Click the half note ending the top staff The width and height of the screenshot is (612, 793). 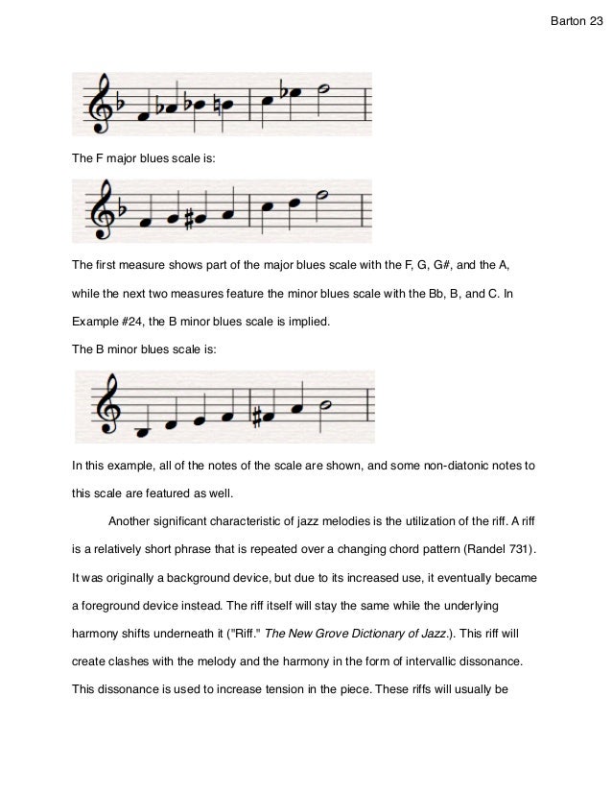(325, 91)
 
